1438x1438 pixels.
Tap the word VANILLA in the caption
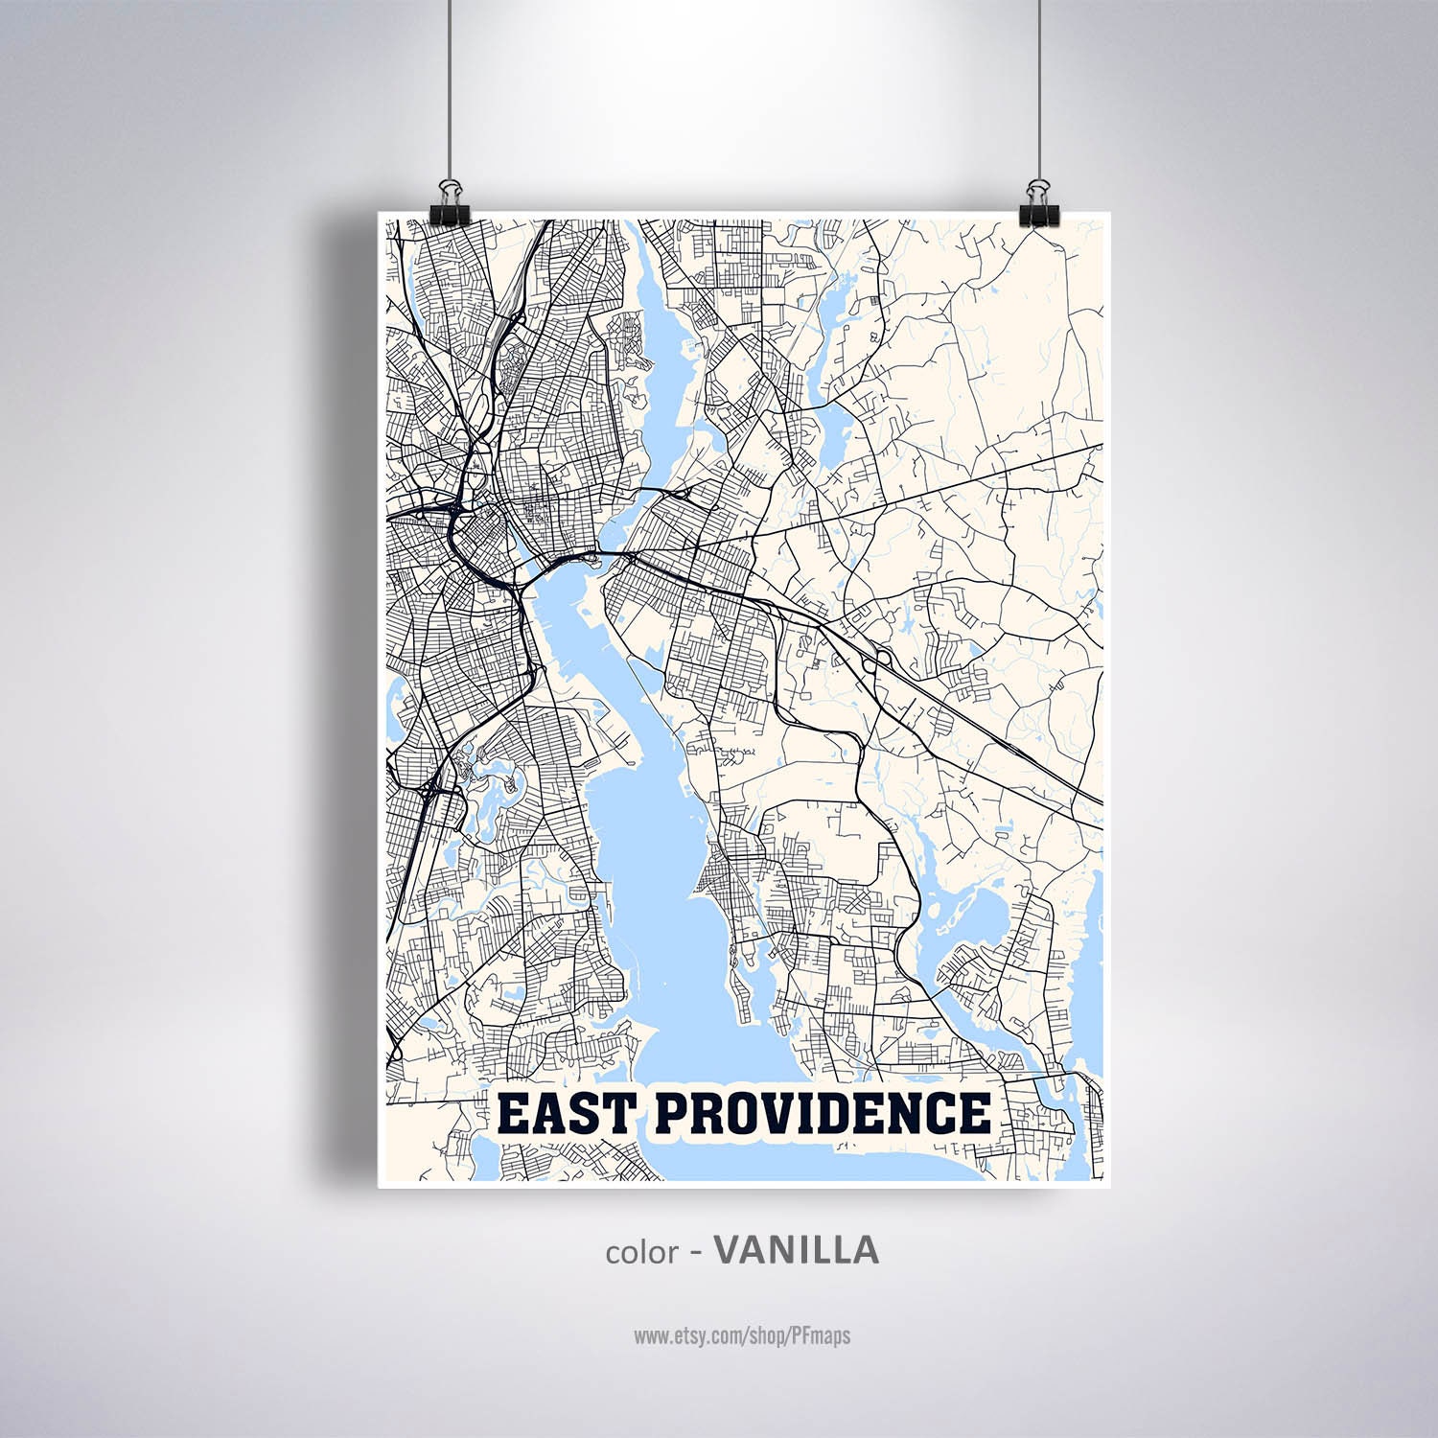pyautogui.click(x=798, y=1250)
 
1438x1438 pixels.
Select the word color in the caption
pyautogui.click(x=641, y=1252)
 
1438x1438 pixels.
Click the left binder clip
pyautogui.click(x=447, y=196)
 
